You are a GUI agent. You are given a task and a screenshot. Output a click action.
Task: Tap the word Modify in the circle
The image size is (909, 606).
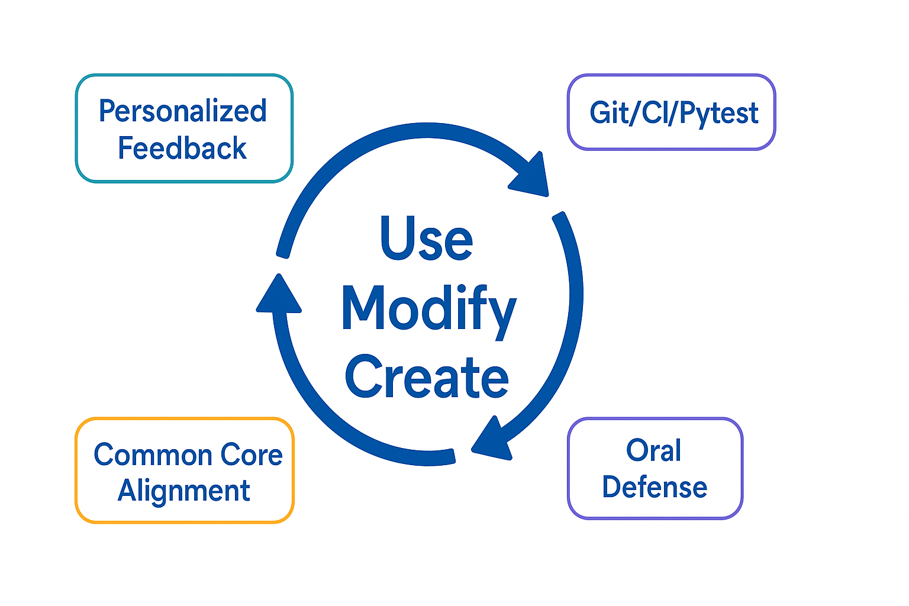pos(428,309)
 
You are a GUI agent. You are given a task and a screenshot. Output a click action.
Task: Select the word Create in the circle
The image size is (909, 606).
pos(427,377)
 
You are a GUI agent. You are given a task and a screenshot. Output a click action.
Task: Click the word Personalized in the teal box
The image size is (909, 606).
pos(183,111)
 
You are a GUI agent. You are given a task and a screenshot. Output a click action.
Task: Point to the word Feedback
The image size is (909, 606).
pos(182,148)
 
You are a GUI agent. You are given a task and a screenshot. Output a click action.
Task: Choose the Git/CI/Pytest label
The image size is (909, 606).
pos(673,112)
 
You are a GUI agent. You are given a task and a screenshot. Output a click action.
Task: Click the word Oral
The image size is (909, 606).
pos(654,450)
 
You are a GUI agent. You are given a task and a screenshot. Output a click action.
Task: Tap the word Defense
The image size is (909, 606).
pos(655,487)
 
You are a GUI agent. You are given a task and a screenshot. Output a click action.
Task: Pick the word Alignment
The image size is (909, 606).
pos(184,491)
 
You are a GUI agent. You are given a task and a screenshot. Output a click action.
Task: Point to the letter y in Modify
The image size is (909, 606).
pos(501,314)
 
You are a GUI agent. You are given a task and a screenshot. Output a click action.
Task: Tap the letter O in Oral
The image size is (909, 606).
pos(638,450)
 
